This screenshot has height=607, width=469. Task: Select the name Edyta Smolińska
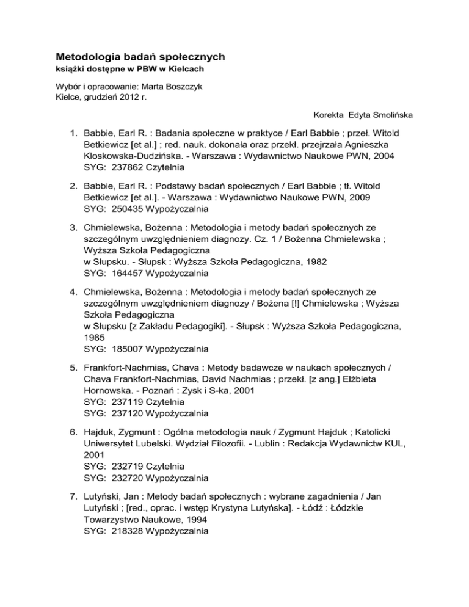pos(378,114)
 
